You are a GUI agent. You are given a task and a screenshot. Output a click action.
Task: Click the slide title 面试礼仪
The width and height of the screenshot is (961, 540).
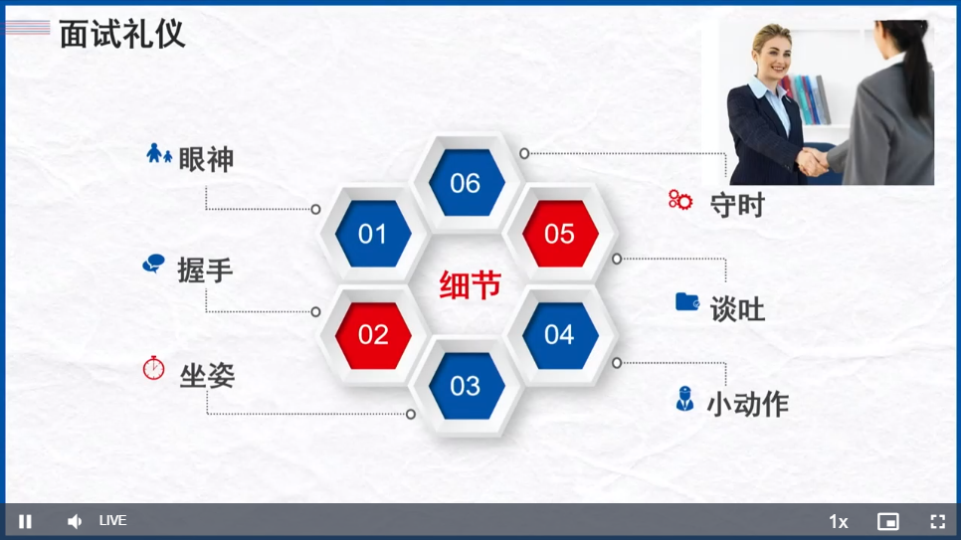pos(122,34)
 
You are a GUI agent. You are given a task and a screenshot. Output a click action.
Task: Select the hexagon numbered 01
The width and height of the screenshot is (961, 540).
pos(373,234)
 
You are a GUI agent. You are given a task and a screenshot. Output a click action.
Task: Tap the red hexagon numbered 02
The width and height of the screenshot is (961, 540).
pos(373,335)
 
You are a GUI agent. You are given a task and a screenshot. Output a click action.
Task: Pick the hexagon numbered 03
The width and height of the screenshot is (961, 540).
pos(467,386)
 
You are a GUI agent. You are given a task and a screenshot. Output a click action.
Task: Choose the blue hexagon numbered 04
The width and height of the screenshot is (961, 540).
pos(560,335)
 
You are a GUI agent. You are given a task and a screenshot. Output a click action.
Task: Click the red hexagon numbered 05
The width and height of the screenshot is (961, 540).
pos(560,234)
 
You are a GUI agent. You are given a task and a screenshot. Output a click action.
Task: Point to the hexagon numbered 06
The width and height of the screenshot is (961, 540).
pos(467,183)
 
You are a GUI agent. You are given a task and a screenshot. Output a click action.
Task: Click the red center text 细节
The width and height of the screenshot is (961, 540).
pos(471,285)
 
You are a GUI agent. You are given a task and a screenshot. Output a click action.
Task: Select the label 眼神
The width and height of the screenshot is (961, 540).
pos(206,159)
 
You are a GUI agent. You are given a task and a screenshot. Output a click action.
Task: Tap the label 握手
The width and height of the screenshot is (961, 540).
pos(205,270)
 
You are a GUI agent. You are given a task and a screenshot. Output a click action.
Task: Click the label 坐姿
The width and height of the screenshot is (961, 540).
pos(207,376)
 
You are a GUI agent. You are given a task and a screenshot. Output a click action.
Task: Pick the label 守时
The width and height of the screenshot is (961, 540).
pos(737,205)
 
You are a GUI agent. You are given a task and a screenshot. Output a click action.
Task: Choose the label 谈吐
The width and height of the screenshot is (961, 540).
pos(737,309)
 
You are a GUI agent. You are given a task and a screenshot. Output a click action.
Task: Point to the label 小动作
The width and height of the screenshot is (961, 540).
pos(748,405)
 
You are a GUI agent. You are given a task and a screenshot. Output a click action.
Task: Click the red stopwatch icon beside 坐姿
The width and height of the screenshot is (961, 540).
pos(154,368)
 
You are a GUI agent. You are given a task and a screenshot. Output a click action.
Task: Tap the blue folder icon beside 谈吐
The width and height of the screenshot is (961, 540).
pos(687,301)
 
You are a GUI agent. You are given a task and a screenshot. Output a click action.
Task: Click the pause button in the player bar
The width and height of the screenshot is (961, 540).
pos(25,522)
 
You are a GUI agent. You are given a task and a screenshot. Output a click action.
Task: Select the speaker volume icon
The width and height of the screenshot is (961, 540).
pos(75,522)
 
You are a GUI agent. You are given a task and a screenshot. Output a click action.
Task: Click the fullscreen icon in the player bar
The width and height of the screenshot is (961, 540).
pos(938,522)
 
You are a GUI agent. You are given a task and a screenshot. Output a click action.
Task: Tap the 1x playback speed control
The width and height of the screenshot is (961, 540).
pos(839,522)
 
